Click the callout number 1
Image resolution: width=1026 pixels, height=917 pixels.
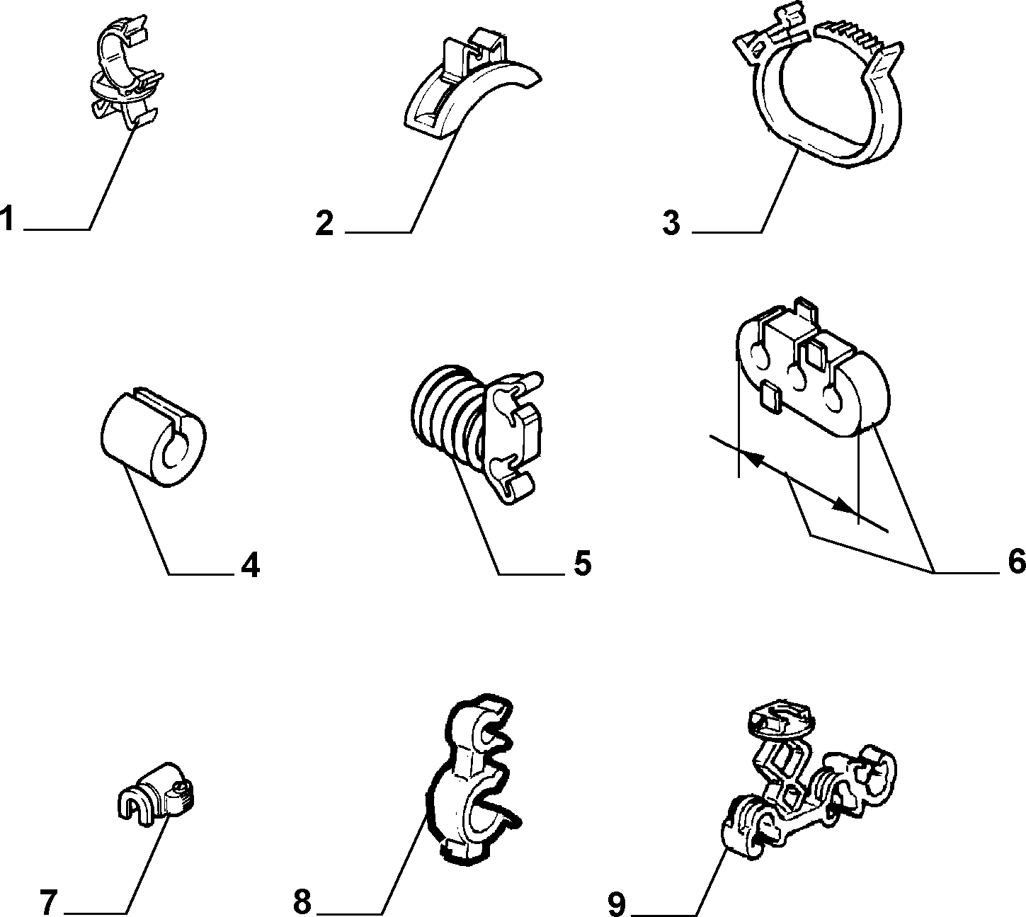point(6,219)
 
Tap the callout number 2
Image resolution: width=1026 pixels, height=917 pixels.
point(324,223)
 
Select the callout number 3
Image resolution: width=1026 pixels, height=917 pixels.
point(671,223)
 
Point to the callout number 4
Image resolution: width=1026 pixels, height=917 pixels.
point(250,565)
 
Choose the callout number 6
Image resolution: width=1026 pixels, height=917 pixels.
point(1016,562)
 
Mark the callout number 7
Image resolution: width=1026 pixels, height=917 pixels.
point(49,902)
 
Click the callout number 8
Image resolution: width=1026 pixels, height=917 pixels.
point(302,902)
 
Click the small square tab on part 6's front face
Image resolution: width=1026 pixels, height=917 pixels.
point(771,397)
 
